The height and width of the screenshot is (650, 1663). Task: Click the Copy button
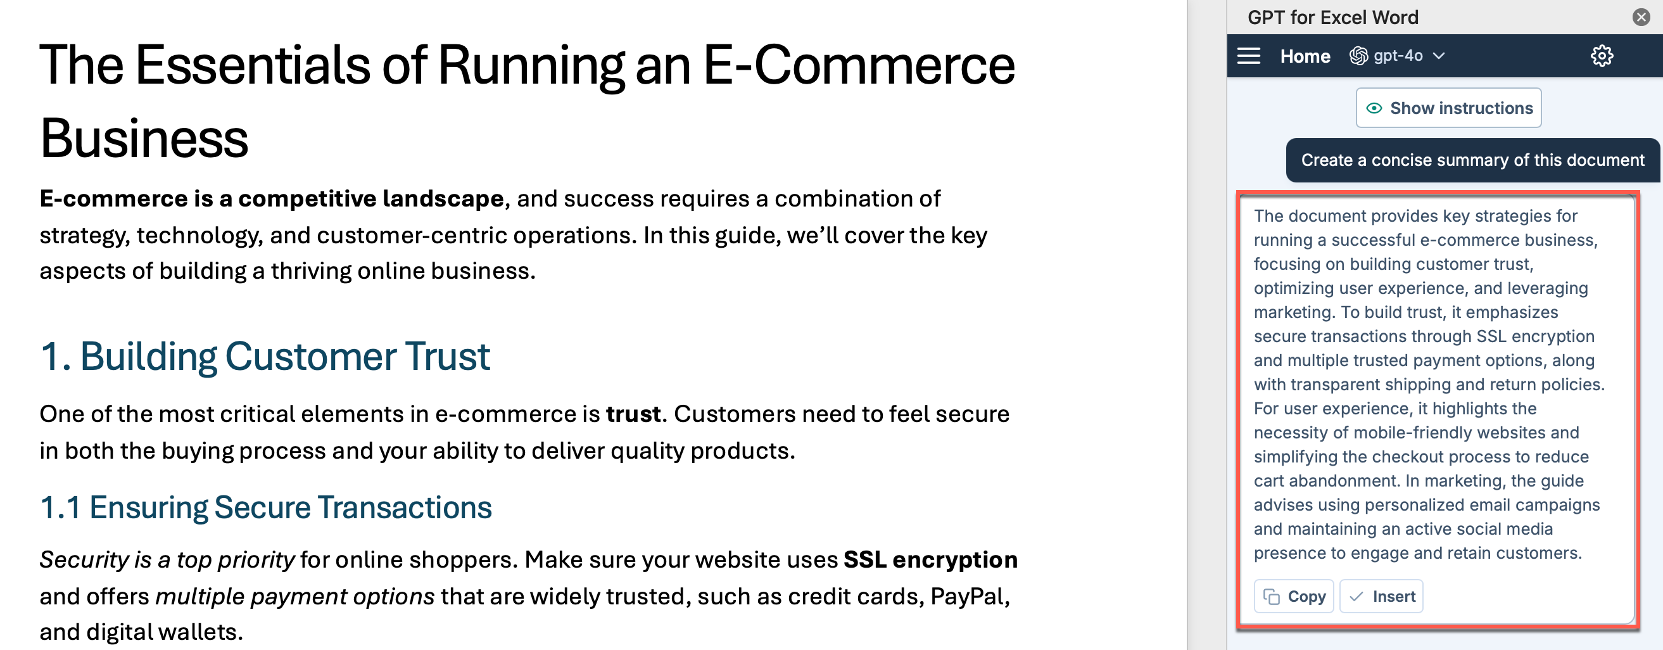click(x=1294, y=596)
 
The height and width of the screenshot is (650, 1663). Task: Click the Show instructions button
click(x=1449, y=108)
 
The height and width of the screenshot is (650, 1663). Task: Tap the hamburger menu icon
click(x=1249, y=56)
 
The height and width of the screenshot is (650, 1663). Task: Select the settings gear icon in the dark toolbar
click(x=1602, y=56)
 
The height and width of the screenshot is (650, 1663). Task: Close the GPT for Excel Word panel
click(x=1641, y=17)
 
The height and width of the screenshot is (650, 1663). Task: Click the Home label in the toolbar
click(x=1305, y=56)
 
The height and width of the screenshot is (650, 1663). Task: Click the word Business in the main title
click(x=144, y=138)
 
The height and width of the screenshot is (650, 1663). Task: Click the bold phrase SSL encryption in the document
click(x=930, y=559)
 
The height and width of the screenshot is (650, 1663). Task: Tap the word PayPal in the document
click(x=969, y=596)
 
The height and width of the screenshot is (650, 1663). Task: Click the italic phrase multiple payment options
click(x=295, y=596)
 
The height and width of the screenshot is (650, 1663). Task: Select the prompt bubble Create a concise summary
click(x=1472, y=160)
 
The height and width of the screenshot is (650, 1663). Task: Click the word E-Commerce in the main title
click(x=859, y=65)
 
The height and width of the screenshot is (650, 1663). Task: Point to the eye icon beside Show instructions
click(x=1374, y=108)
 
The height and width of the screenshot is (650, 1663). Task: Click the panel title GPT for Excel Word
click(x=1332, y=18)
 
